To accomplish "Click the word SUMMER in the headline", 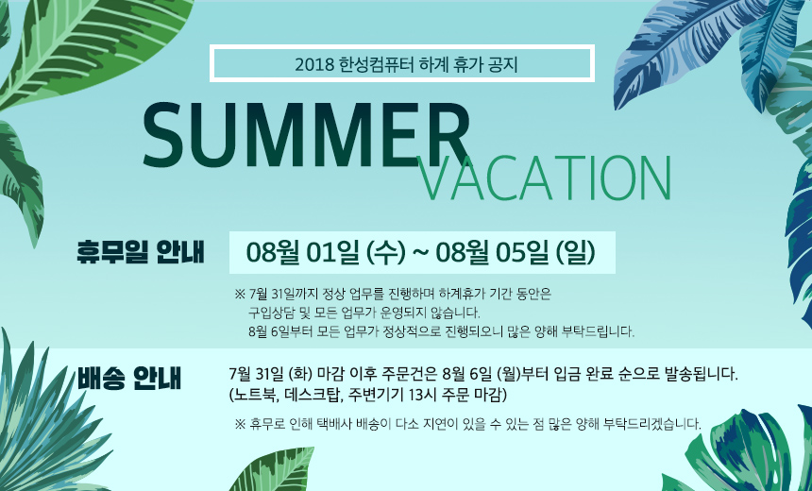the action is tap(306, 136).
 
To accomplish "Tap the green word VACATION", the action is tap(544, 178).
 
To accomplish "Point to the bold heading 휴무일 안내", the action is tap(141, 252).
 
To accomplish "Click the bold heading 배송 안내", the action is tap(129, 379).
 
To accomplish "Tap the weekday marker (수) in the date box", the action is tap(385, 252).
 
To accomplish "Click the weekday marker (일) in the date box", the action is tap(575, 252).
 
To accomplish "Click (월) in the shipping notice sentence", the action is tap(508, 374).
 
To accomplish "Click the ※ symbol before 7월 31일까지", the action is tap(240, 295).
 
